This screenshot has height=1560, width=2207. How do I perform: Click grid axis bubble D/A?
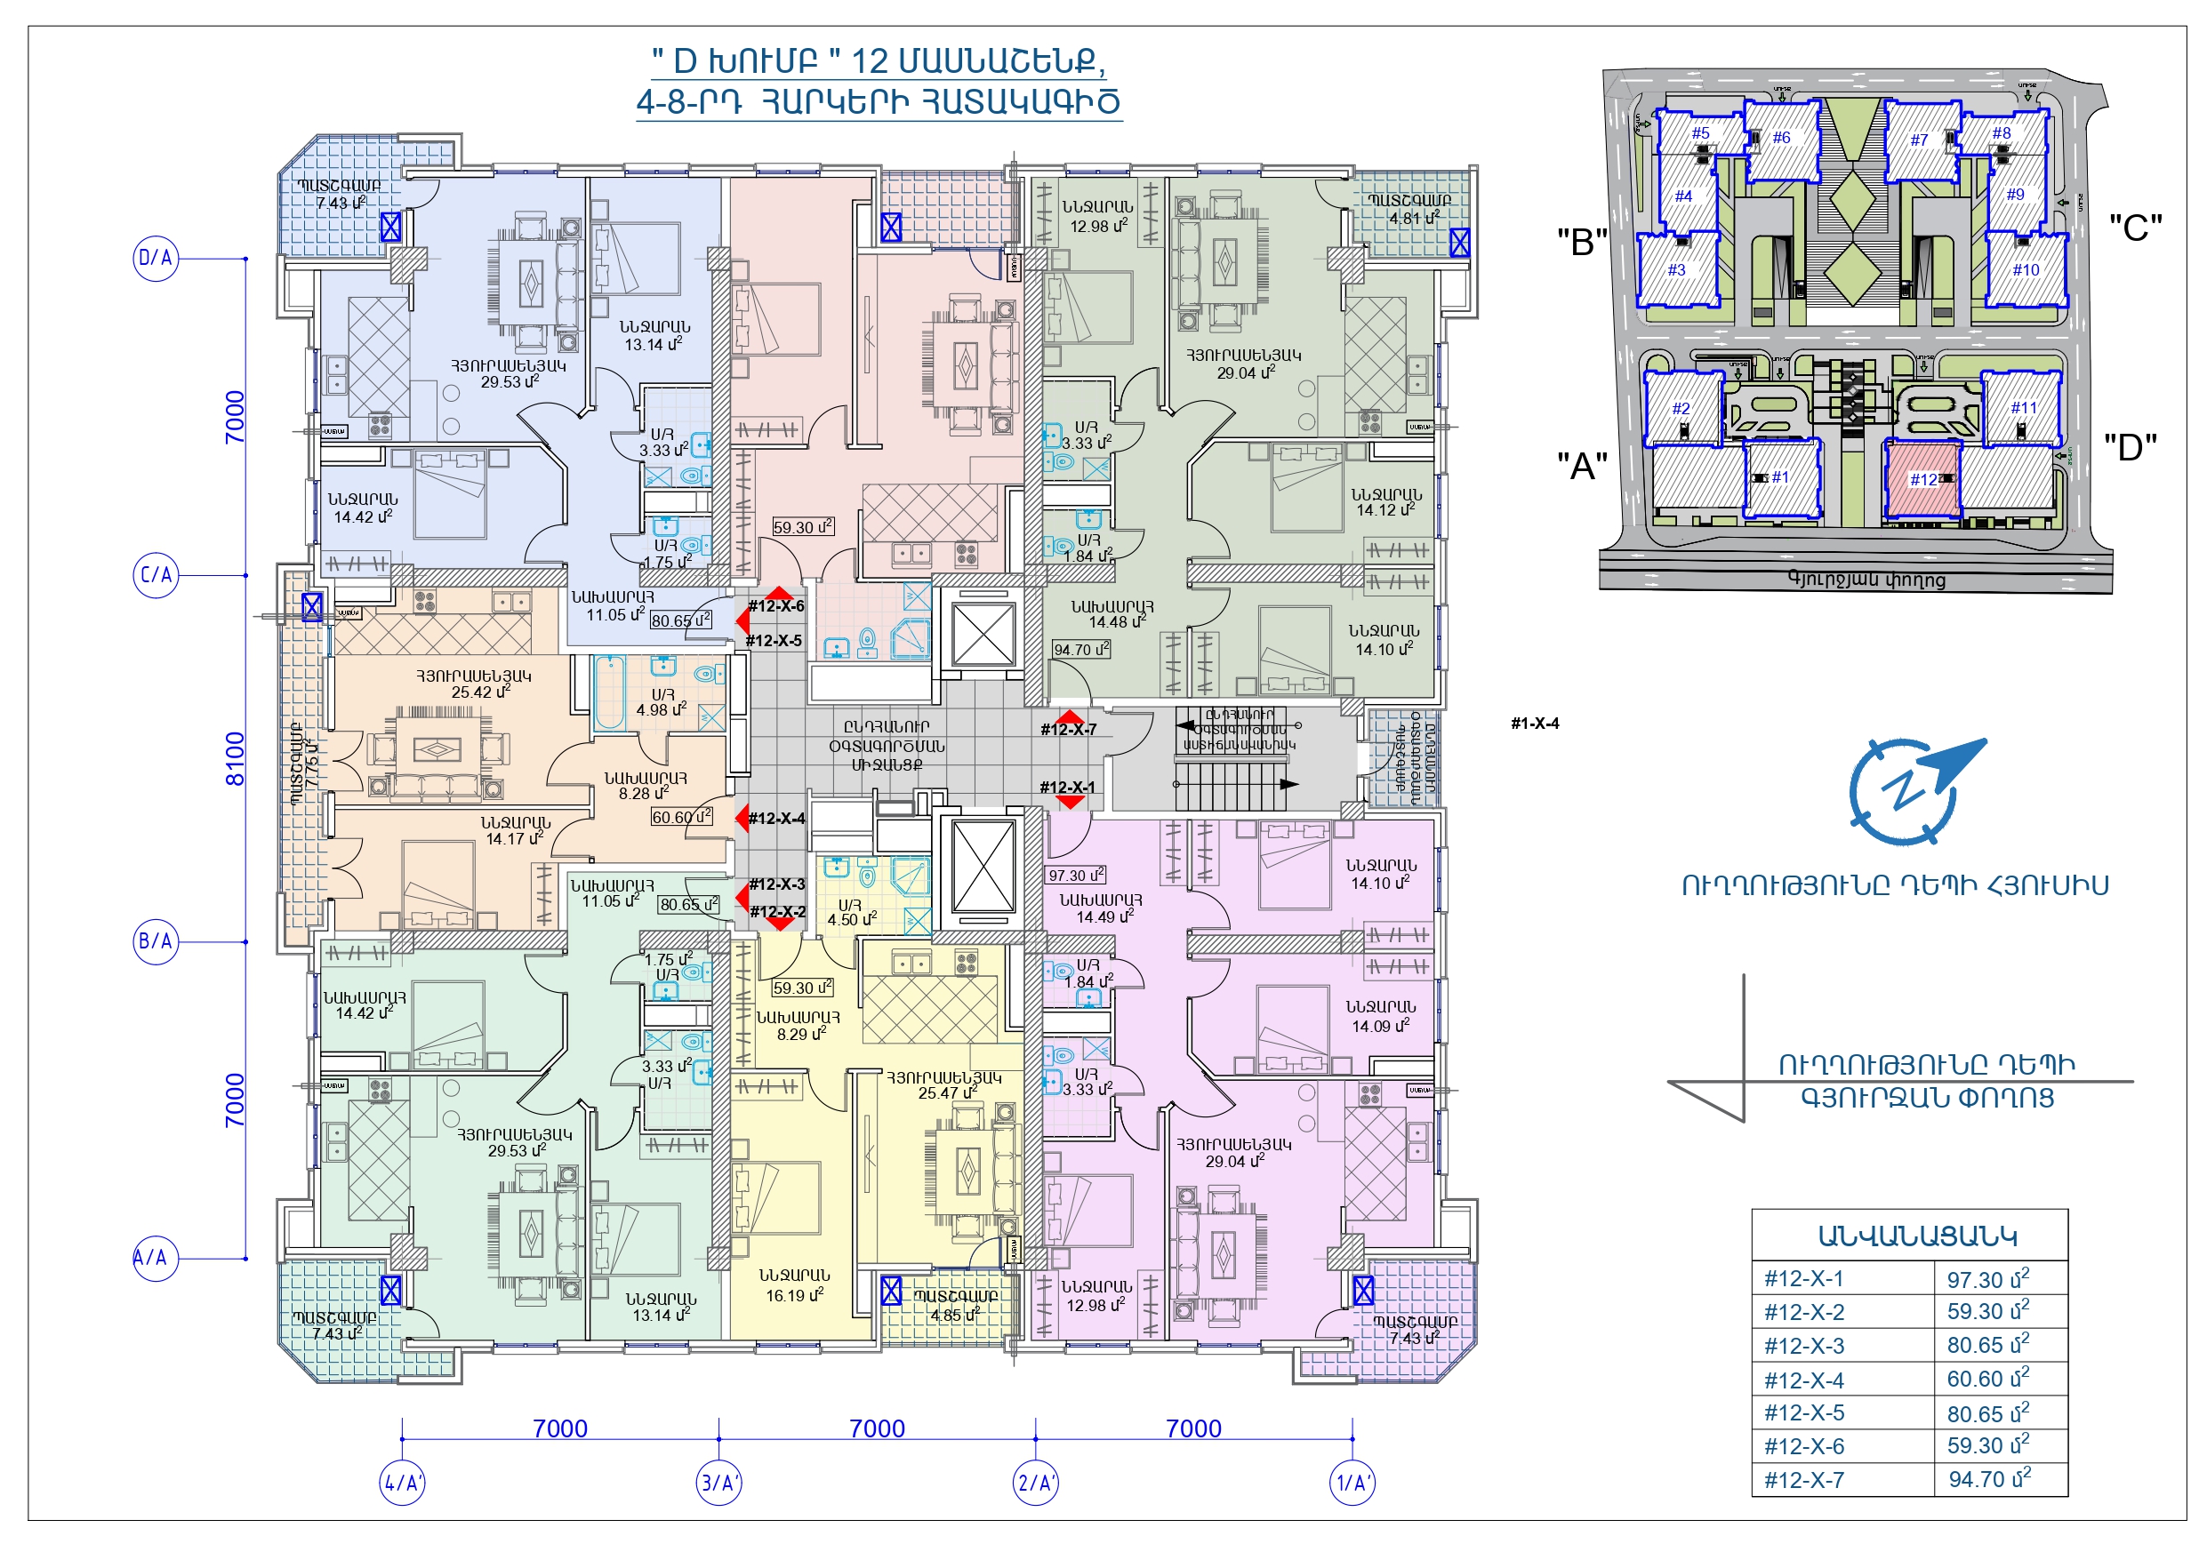[155, 258]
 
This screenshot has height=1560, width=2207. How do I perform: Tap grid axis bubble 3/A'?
[718, 1482]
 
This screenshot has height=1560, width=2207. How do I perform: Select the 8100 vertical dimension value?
[235, 758]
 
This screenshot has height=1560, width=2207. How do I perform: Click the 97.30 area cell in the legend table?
[1986, 1279]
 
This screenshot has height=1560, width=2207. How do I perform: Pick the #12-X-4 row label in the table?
[1803, 1380]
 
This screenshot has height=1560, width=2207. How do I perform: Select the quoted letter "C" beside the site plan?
[2135, 228]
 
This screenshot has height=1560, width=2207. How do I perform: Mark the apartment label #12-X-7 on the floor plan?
[1068, 730]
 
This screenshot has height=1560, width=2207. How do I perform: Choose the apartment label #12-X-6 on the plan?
[775, 605]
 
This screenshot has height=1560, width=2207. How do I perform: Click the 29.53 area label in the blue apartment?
[510, 381]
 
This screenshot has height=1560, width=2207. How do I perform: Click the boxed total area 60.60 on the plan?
[680, 817]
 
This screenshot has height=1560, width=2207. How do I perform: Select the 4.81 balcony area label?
[1413, 218]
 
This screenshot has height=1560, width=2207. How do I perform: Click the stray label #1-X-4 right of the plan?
[1534, 723]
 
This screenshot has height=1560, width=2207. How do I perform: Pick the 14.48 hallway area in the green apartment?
[1117, 623]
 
